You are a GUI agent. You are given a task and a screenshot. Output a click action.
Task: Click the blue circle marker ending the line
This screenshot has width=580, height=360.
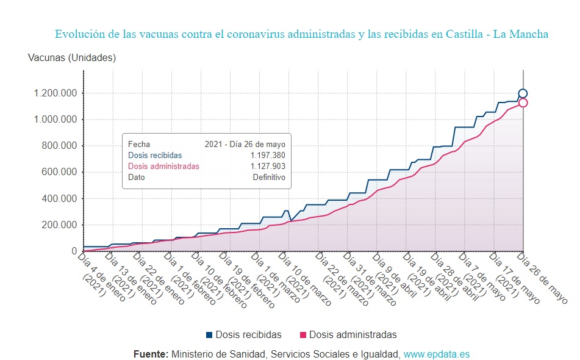click(523, 94)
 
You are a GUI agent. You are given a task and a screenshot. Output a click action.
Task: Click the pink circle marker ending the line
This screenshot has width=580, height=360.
click(523, 103)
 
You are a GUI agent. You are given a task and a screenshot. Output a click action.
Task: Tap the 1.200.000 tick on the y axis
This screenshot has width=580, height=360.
click(52, 93)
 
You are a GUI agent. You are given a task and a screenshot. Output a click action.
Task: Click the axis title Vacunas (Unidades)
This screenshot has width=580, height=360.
click(72, 58)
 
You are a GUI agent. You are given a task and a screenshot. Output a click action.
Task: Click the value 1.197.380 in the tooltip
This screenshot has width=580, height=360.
click(268, 155)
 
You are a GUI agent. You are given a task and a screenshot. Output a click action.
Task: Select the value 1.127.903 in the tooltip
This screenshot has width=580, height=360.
click(268, 166)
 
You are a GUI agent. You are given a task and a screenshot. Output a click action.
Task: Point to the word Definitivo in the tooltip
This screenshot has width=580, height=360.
click(269, 177)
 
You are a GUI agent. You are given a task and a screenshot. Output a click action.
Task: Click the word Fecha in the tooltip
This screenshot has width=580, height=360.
click(138, 145)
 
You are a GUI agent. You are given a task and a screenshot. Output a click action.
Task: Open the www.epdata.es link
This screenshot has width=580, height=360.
click(437, 354)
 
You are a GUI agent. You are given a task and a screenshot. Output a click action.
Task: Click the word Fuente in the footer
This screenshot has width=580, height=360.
click(151, 354)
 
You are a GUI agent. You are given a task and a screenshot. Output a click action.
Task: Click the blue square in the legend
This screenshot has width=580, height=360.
click(209, 335)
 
